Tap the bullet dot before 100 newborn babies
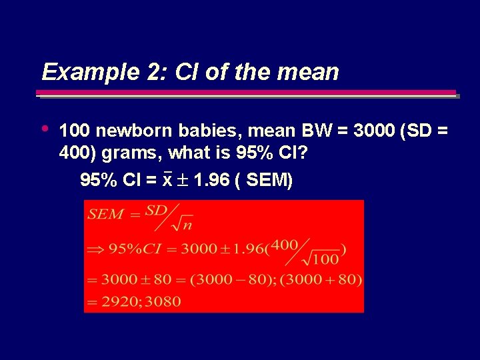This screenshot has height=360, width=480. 45,127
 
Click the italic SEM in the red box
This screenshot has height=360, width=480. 106,214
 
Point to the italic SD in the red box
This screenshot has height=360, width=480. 155,211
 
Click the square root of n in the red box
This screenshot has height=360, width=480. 181,223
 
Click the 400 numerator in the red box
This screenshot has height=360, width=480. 285,245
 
